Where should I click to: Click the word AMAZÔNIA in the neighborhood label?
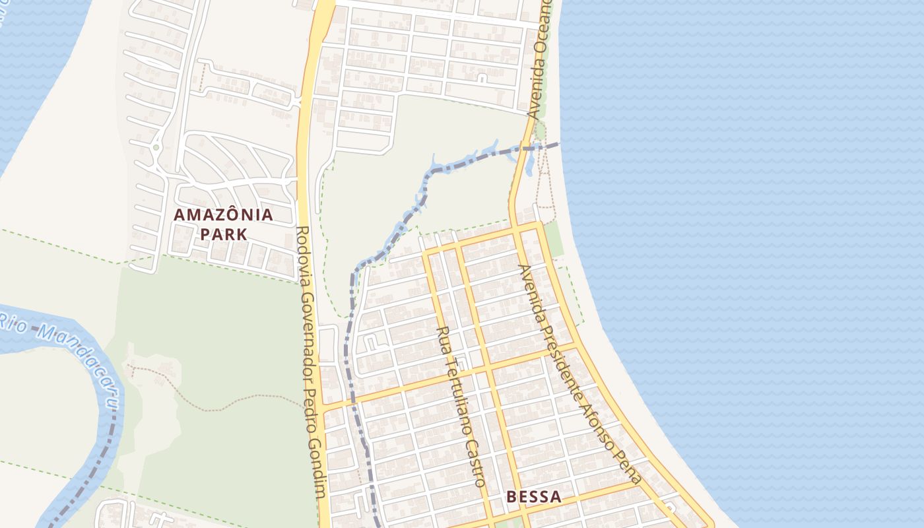[223, 214]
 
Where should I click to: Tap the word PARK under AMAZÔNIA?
[223, 234]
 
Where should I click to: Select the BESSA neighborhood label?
[534, 497]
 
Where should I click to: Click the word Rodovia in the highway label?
[304, 248]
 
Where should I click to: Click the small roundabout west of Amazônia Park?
[156, 147]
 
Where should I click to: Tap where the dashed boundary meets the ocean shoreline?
[560, 143]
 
